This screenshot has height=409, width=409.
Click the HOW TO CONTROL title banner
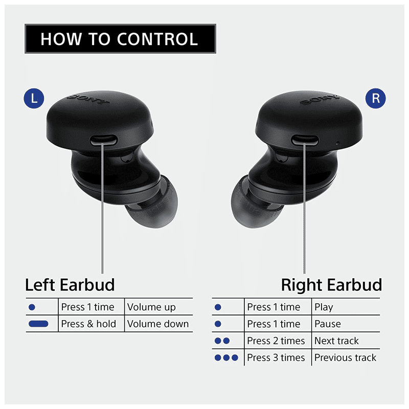120,39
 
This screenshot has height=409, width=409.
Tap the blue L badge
34,98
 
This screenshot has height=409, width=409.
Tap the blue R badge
376,98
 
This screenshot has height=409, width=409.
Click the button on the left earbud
103,140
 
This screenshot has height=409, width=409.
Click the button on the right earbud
305,140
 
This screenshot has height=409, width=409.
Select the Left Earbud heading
70,284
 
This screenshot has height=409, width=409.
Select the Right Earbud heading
331,284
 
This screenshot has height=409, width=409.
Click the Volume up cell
151,307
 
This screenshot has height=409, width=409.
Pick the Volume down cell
158,324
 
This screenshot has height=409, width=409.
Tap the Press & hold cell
88,324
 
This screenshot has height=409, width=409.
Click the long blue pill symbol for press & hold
38,324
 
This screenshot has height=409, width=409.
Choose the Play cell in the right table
324,307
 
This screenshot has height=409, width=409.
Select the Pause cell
327,324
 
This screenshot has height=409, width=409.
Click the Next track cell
336,340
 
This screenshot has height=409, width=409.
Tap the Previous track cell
345,357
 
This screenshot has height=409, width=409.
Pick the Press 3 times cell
276,357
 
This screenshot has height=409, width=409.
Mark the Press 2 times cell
276,340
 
